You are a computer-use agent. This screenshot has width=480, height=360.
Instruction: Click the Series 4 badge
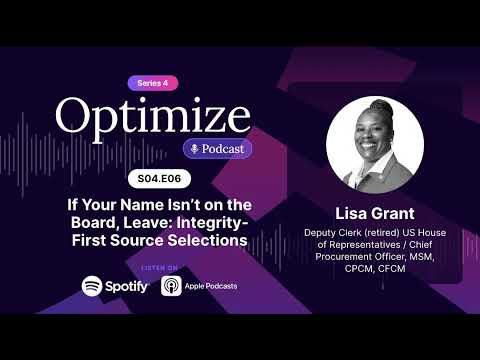pos(153,83)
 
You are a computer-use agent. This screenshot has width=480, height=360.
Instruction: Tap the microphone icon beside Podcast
pos(194,149)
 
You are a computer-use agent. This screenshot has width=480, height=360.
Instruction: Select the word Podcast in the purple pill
pos(223,149)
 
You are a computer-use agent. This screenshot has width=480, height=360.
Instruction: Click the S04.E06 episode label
pos(159,179)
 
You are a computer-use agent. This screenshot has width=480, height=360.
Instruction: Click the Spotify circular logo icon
pos(92,286)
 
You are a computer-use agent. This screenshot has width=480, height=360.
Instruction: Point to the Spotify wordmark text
pos(126,287)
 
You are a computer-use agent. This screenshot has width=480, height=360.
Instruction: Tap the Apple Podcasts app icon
pos(171,286)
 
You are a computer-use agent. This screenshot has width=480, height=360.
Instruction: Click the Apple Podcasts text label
pos(211,286)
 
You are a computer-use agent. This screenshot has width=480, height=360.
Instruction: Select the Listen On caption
pos(160,268)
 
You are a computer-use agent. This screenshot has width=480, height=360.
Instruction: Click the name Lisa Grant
pos(375,214)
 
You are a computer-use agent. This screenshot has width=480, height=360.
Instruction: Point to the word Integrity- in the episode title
pos(212,223)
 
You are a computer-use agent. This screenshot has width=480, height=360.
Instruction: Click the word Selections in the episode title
pos(207,240)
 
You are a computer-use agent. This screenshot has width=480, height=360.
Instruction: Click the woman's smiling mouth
pos(368,145)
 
